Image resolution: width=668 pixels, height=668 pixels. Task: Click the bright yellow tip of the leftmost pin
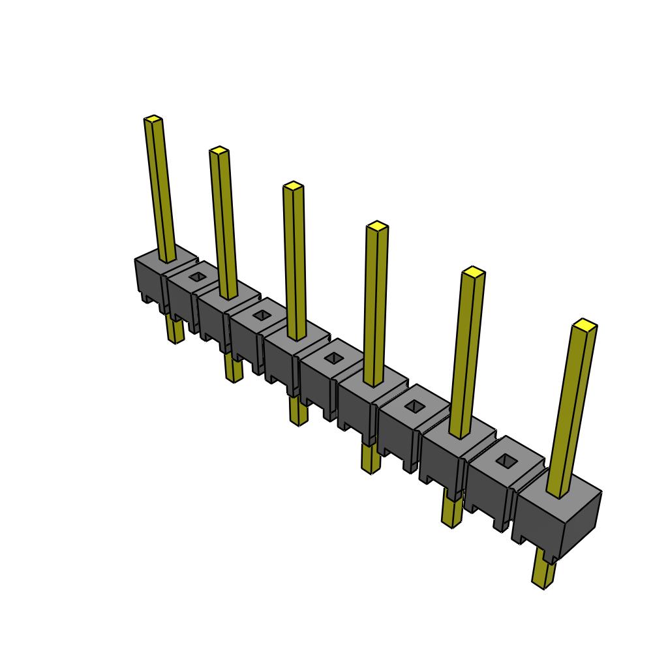tap(153, 119)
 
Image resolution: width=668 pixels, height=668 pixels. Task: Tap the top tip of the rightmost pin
tap(584, 324)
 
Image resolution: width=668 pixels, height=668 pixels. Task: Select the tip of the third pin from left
tap(294, 187)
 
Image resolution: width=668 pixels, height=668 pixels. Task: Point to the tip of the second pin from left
tap(219, 151)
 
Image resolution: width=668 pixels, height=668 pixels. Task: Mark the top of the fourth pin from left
tap(377, 226)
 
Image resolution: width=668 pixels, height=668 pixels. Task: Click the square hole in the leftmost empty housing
tap(197, 277)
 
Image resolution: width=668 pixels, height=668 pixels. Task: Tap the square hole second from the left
tap(262, 316)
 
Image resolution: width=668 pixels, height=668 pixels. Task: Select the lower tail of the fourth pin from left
tap(371, 459)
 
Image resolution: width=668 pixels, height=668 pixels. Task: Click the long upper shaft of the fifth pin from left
tap(466, 352)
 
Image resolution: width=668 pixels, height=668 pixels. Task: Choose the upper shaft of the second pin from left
tap(224, 222)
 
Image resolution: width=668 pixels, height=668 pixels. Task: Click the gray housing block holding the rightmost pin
tap(558, 515)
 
